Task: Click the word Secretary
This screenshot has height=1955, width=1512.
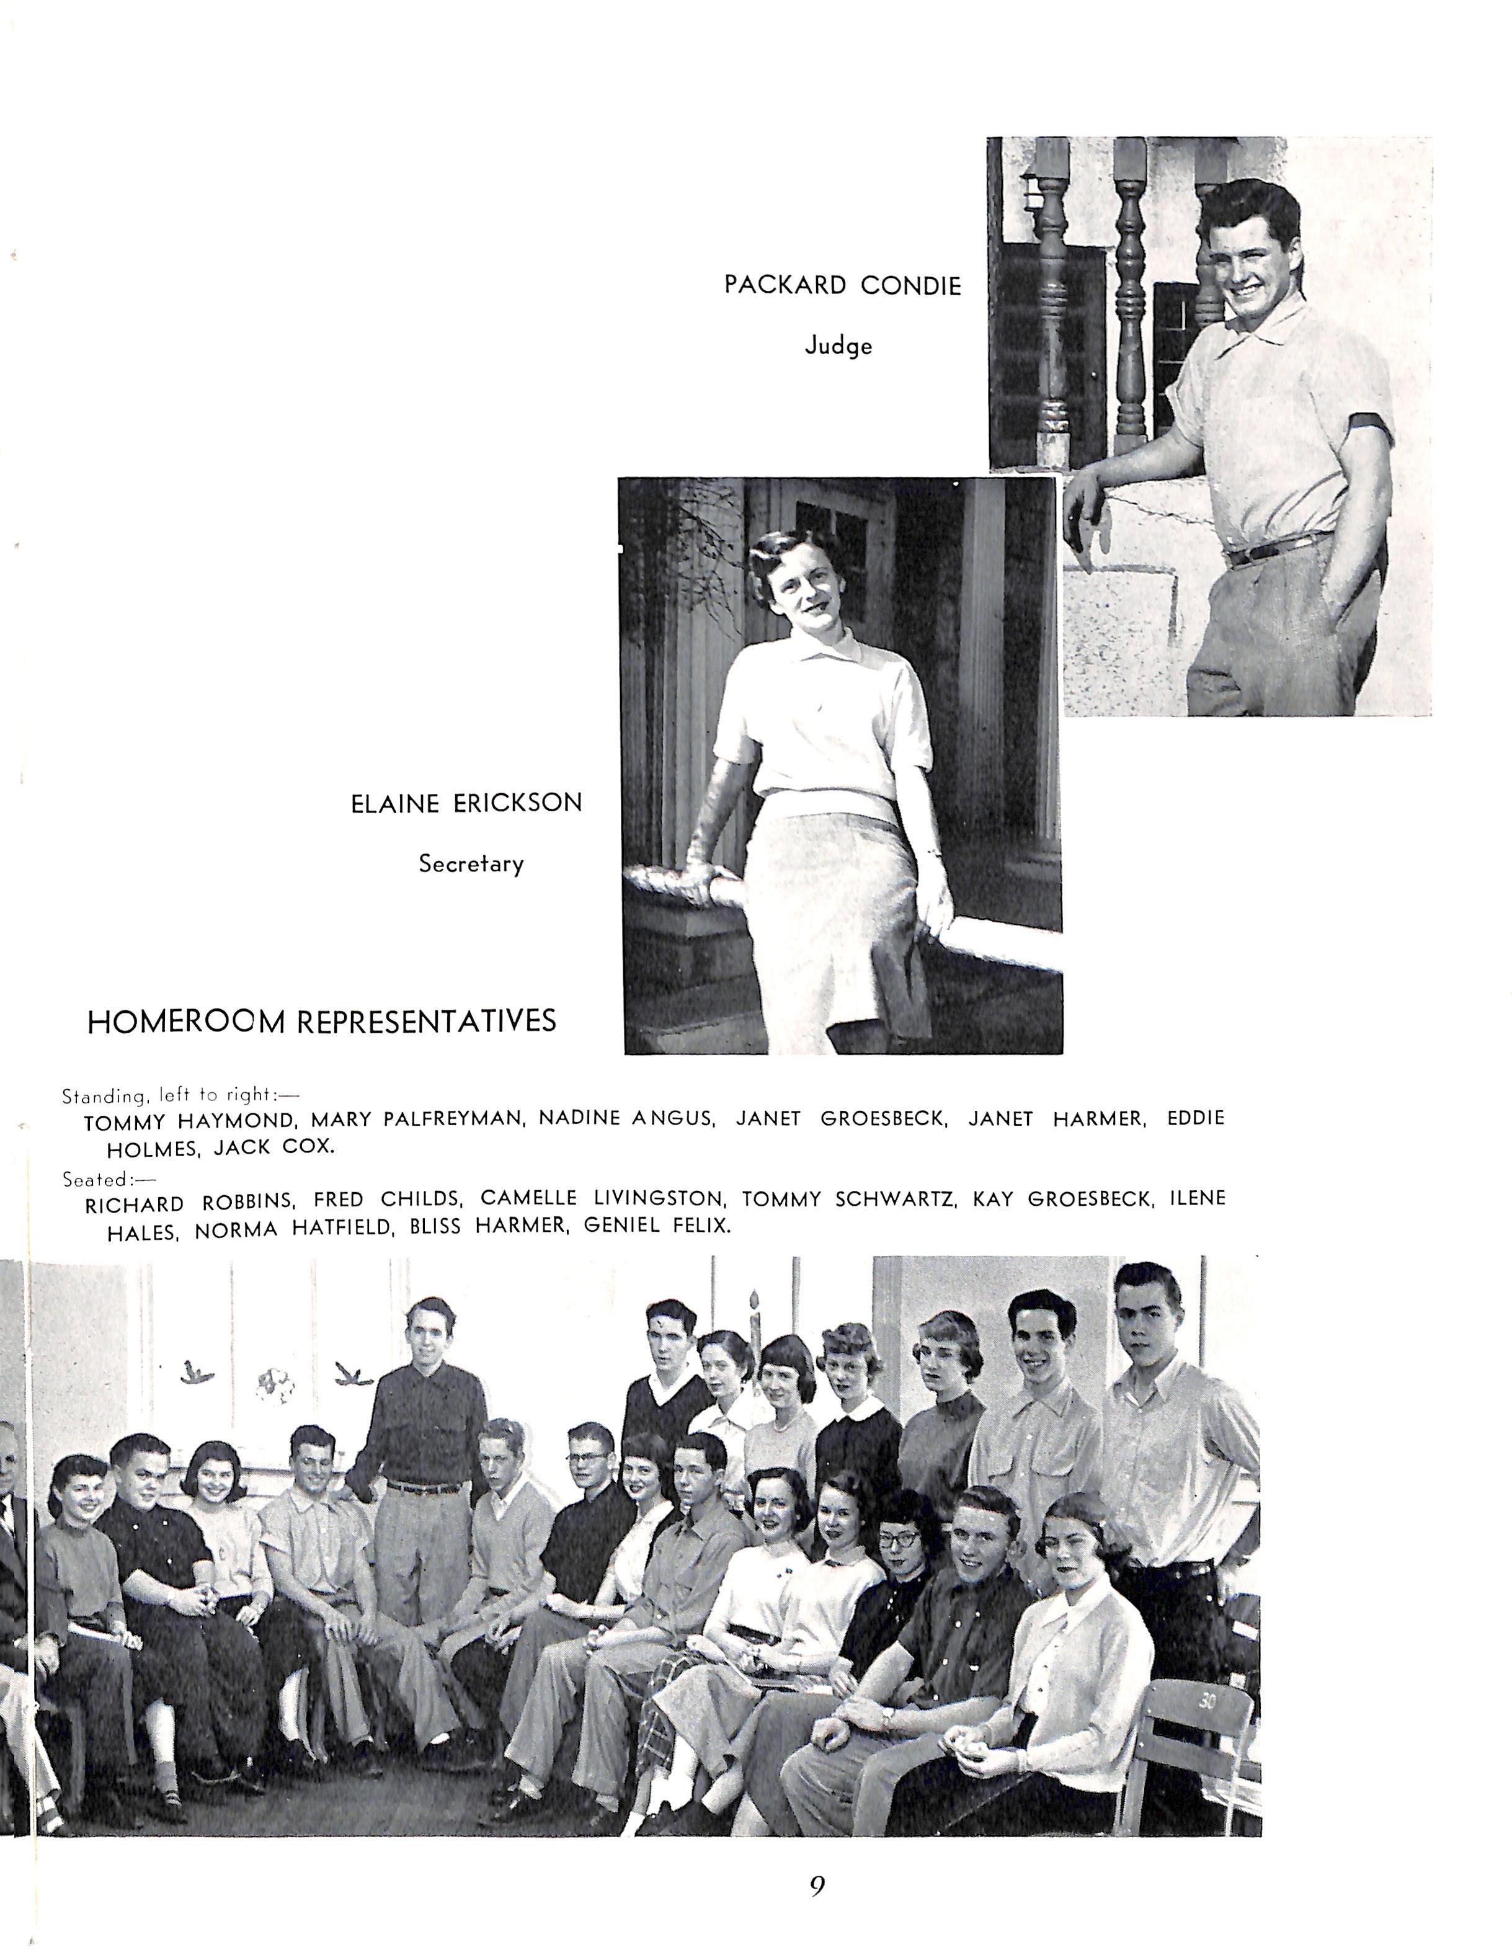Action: [x=471, y=865]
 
